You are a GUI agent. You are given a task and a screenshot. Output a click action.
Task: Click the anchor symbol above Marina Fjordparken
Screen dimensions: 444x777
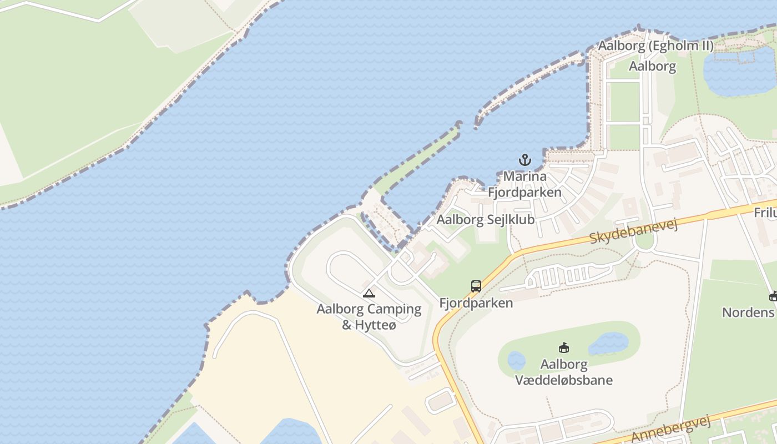point(524,160)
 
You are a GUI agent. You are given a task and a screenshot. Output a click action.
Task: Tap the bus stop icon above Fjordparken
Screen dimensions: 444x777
point(476,286)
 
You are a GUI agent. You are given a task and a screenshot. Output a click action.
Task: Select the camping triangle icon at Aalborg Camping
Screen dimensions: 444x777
point(369,293)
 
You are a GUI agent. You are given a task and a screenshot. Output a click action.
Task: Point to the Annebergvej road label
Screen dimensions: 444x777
point(671,429)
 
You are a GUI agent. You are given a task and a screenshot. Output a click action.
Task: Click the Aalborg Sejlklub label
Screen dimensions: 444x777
point(486,219)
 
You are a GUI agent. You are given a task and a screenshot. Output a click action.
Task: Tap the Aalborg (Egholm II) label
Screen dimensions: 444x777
point(655,46)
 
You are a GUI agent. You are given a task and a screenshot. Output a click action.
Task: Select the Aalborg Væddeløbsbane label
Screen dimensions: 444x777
point(564,372)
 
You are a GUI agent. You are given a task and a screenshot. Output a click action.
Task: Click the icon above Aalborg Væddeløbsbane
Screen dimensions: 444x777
point(564,348)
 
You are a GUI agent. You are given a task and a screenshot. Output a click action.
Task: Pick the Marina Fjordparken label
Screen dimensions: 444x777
point(524,184)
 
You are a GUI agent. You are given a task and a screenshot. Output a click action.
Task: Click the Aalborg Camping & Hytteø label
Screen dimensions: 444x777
point(369,316)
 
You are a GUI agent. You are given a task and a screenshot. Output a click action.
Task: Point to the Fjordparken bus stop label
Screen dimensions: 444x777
point(476,303)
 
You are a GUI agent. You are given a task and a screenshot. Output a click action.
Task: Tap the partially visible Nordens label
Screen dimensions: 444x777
point(748,312)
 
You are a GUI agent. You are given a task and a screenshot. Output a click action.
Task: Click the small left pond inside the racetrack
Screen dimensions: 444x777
point(516,361)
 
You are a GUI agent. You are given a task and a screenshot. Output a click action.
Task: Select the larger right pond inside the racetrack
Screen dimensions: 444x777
point(609,344)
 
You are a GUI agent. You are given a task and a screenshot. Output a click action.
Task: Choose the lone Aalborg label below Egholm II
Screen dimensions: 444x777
point(652,67)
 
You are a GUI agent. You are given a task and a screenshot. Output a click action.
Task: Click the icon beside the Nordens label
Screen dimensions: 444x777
point(773,296)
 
